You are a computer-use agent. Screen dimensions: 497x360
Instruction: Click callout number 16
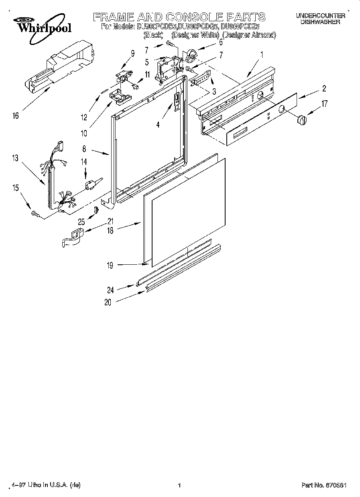16,116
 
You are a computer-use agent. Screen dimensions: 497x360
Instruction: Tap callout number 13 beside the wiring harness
15,158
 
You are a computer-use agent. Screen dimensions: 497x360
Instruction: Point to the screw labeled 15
34,215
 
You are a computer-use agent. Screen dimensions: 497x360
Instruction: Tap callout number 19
110,265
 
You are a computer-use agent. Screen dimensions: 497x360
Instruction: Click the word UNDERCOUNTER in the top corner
320,15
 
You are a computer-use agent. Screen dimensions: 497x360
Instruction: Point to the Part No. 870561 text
324,485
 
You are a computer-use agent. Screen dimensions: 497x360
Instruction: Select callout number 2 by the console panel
323,89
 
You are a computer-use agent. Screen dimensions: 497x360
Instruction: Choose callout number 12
83,118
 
